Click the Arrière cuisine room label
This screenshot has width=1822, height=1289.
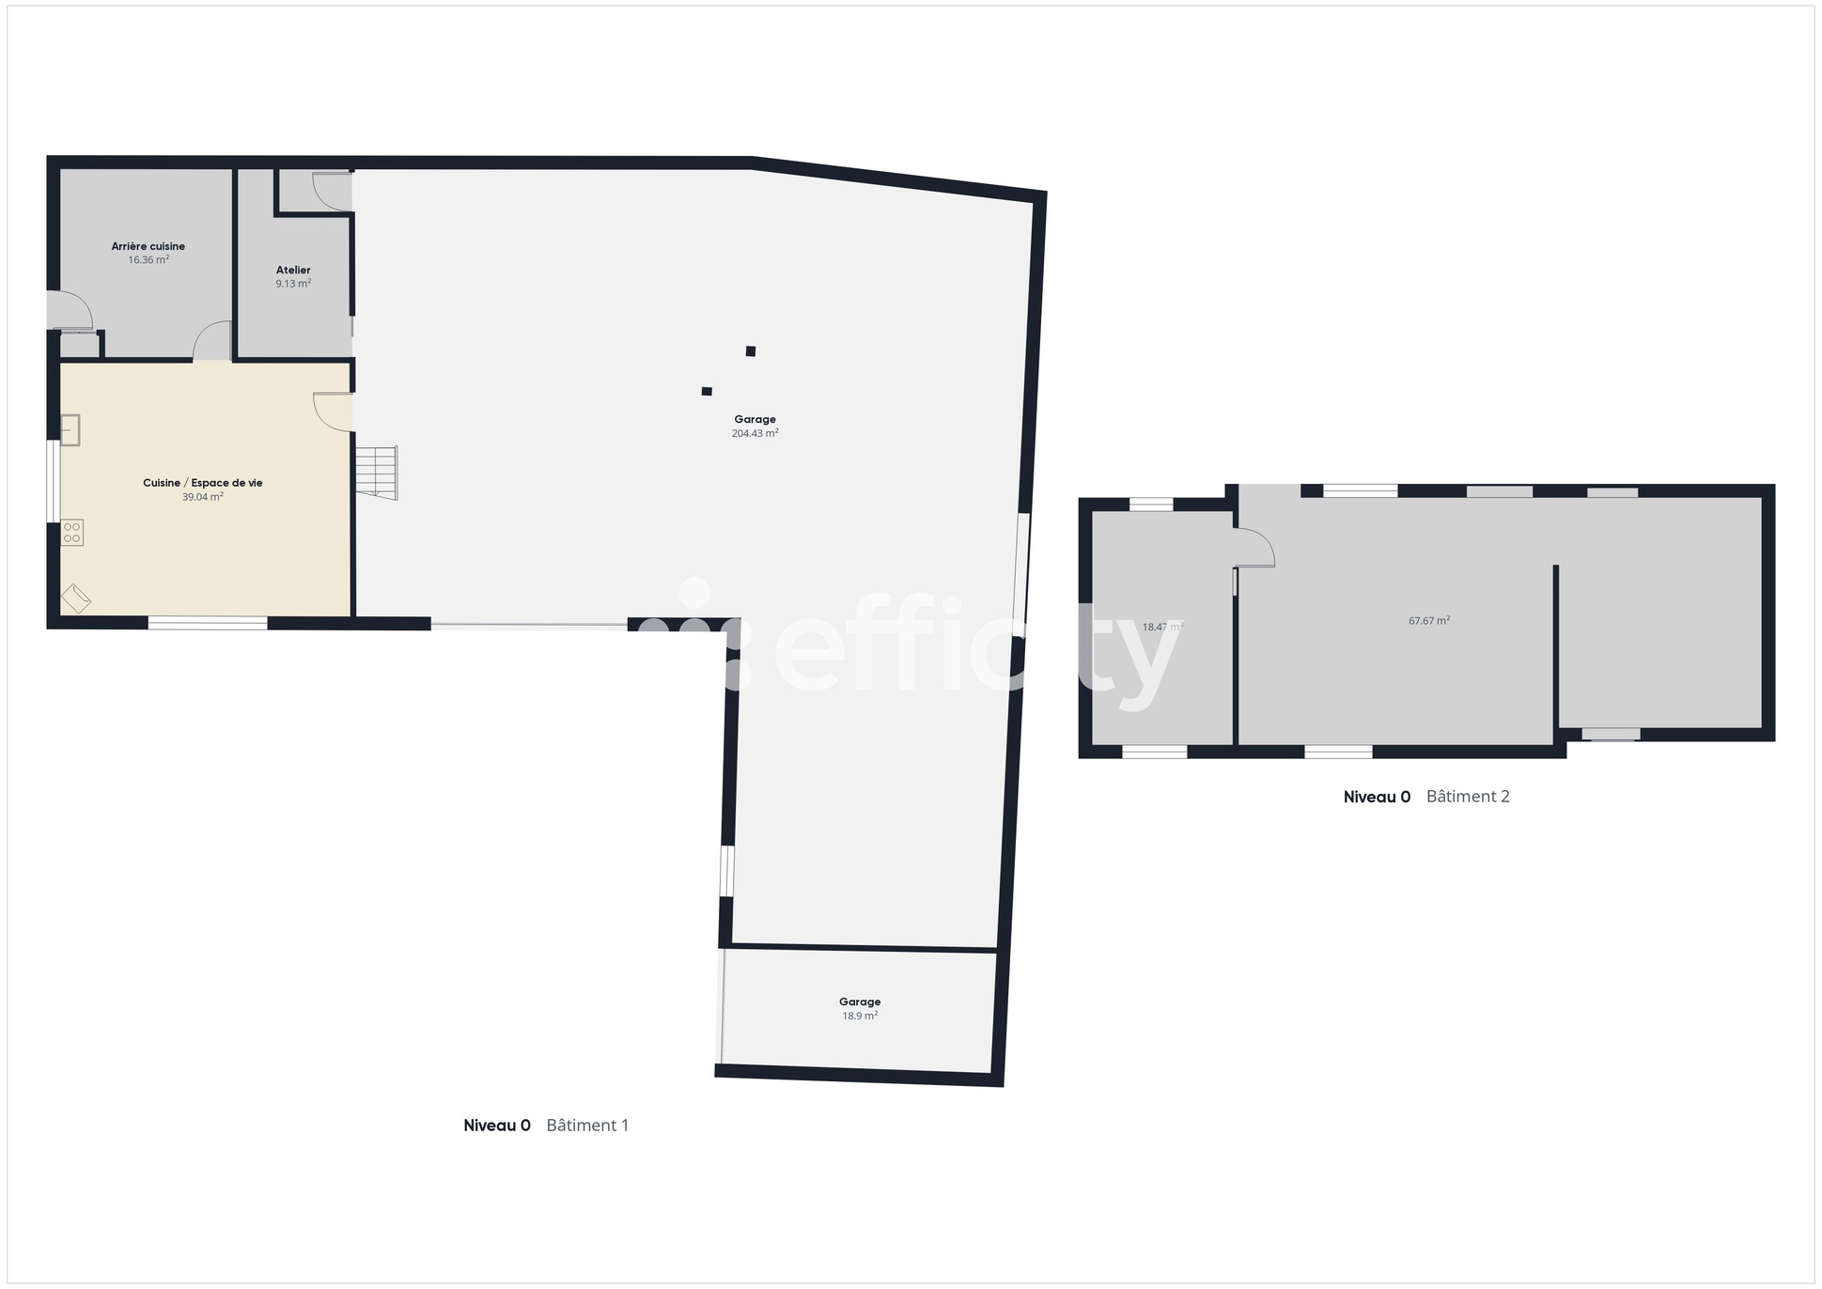pyautogui.click(x=148, y=246)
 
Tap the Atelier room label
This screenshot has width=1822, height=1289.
pyautogui.click(x=293, y=270)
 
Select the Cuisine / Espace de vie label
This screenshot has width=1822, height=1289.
pyautogui.click(x=203, y=483)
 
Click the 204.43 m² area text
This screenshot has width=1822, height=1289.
pyautogui.click(x=755, y=434)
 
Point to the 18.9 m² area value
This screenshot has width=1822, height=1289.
pyautogui.click(x=860, y=1016)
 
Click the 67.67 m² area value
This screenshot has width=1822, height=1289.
pyautogui.click(x=1428, y=621)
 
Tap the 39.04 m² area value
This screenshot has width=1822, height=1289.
pyautogui.click(x=203, y=497)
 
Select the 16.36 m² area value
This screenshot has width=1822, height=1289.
pyautogui.click(x=148, y=260)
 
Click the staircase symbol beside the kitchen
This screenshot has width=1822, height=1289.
pyautogui.click(x=376, y=472)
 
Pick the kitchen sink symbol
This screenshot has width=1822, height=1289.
pyautogui.click(x=70, y=430)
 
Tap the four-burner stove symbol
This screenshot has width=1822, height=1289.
pyautogui.click(x=72, y=533)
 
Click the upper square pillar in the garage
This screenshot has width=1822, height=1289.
pyautogui.click(x=751, y=351)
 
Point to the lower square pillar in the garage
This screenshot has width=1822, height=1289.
pyautogui.click(x=707, y=391)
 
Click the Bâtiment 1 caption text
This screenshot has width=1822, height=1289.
pyautogui.click(x=587, y=1126)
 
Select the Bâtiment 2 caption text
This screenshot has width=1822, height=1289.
pyautogui.click(x=1468, y=797)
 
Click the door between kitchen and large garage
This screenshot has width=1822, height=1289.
pyautogui.click(x=334, y=412)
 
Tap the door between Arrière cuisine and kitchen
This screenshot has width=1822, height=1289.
pyautogui.click(x=213, y=342)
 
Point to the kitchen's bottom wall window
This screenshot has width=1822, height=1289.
pyautogui.click(x=208, y=622)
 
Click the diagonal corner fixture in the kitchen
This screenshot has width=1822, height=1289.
pyautogui.click(x=76, y=598)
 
